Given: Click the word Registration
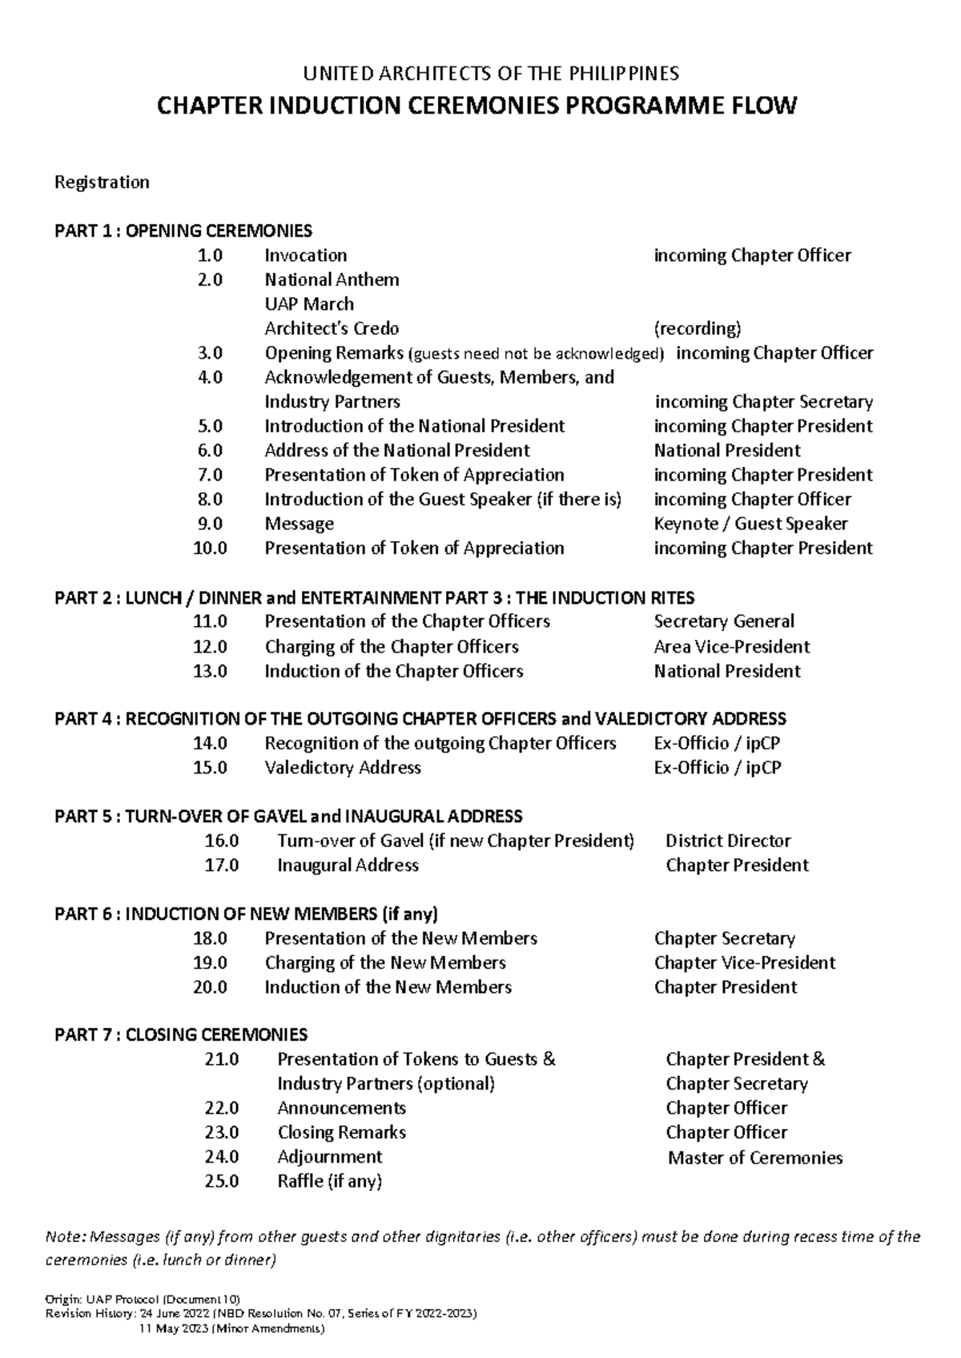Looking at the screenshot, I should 102,183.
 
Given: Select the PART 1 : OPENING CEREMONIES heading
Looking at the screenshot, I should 183,231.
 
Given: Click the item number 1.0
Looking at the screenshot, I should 210,255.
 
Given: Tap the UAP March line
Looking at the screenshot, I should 309,304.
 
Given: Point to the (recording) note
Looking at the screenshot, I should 698,328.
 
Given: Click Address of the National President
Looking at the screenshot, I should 397,451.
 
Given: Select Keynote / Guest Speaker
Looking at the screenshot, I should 750,524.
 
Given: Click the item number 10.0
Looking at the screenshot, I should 210,548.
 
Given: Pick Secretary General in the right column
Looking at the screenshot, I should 724,621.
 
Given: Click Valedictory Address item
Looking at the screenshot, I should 343,768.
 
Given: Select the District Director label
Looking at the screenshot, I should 728,841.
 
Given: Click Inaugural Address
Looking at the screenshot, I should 348,866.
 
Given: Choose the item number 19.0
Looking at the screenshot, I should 210,962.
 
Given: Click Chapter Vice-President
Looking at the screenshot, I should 744,962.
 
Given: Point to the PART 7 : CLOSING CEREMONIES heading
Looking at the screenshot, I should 180,1035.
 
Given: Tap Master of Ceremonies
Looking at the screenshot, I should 755,1158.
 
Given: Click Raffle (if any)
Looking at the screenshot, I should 329,1181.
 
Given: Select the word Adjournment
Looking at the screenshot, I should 329,1157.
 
